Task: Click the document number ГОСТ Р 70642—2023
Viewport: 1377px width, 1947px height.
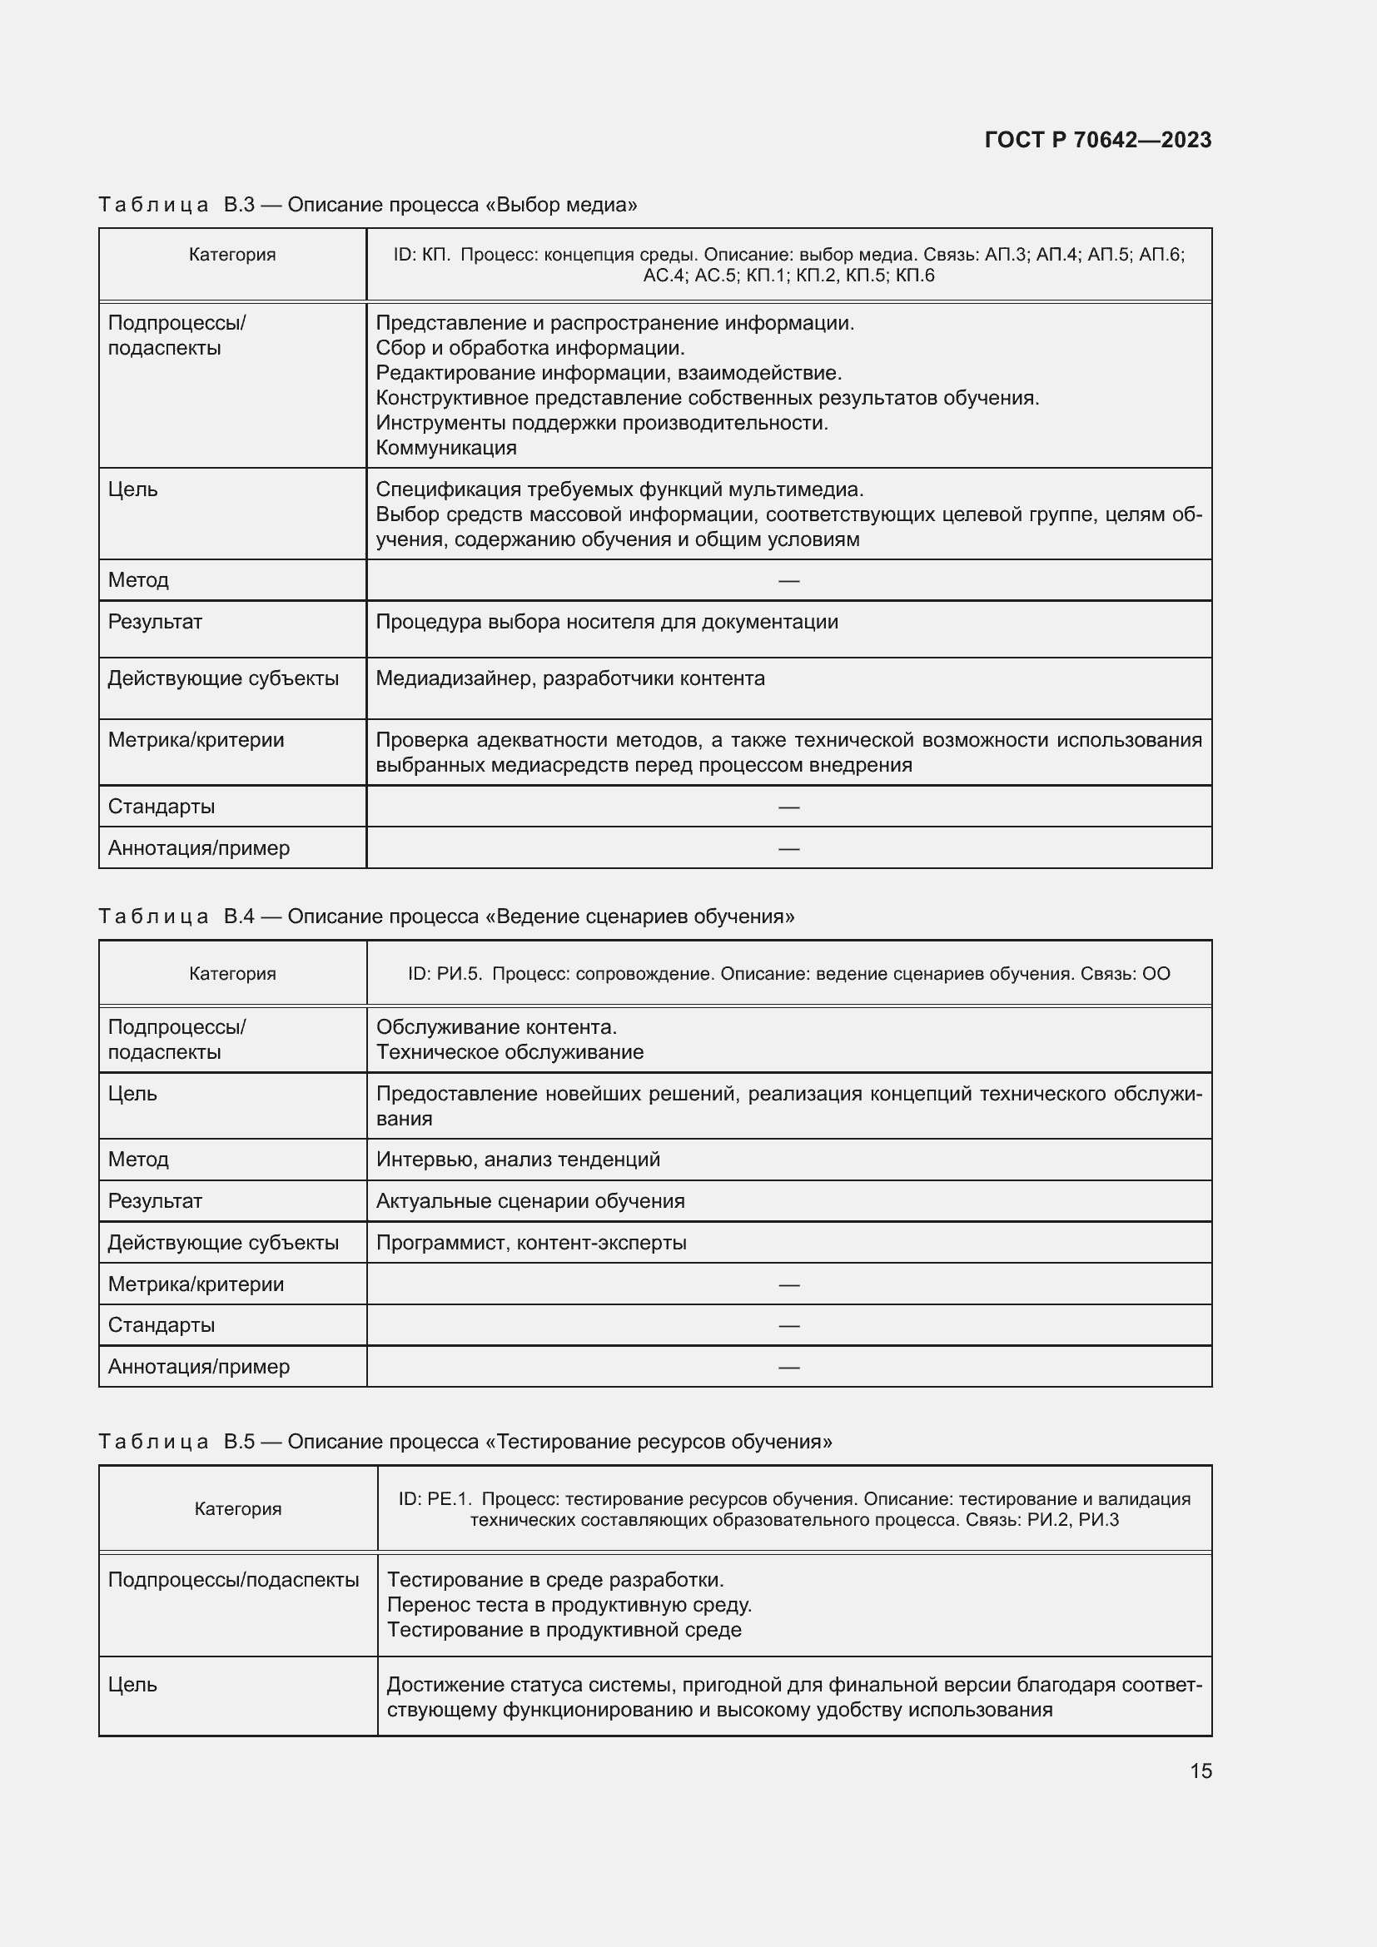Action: click(1097, 140)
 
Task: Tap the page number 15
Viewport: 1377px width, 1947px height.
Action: click(1200, 1771)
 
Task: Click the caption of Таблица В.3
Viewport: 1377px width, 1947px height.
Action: click(367, 205)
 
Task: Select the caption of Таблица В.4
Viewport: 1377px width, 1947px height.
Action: click(446, 916)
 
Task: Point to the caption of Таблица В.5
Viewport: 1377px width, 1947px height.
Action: click(465, 1442)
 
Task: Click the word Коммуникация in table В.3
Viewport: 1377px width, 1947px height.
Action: click(446, 448)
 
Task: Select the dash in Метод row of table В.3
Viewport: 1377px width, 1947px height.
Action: click(788, 581)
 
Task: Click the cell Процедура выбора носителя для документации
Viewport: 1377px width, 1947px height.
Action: click(606, 622)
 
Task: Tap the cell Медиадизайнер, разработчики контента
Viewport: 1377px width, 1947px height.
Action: click(569, 678)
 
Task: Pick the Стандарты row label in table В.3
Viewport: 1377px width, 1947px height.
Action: click(162, 807)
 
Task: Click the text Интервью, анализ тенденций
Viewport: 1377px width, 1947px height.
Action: click(517, 1160)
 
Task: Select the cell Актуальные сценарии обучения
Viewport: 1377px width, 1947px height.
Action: click(530, 1201)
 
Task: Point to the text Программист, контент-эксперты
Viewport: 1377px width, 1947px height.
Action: click(531, 1242)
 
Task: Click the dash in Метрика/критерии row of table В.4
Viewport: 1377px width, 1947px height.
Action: click(788, 1284)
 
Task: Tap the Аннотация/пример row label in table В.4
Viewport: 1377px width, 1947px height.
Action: click(198, 1366)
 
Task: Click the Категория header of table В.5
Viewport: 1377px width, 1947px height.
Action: click(237, 1508)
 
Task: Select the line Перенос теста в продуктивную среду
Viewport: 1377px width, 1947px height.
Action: click(569, 1604)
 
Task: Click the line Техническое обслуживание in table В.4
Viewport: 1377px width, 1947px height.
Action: click(510, 1051)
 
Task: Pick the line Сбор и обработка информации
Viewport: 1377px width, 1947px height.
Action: click(530, 348)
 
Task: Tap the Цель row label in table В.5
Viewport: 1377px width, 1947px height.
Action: click(132, 1684)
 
